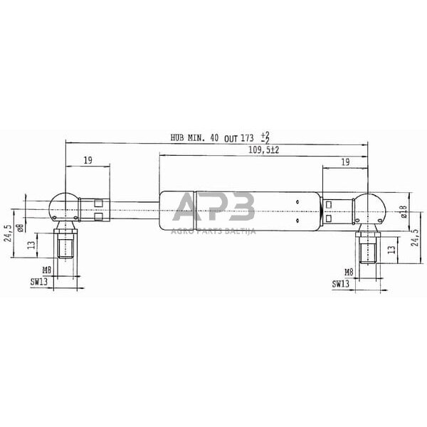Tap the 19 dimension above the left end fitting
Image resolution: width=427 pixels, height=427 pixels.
click(87, 161)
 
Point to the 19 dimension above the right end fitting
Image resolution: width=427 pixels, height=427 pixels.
click(344, 162)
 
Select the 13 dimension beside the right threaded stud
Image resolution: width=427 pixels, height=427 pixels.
click(391, 249)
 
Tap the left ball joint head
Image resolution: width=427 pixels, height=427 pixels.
click(63, 207)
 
